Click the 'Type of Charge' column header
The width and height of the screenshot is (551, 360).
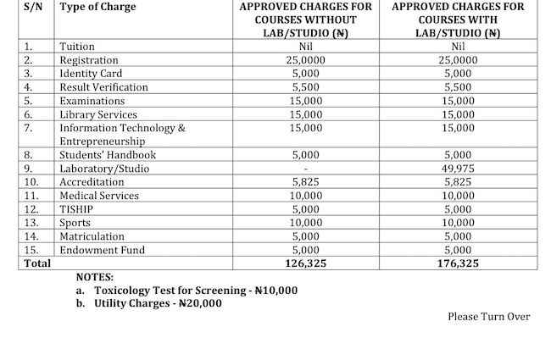click(x=97, y=7)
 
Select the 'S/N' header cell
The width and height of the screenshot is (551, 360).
click(x=35, y=7)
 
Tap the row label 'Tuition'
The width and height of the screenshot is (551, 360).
click(x=77, y=47)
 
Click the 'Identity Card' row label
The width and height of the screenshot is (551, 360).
click(x=91, y=74)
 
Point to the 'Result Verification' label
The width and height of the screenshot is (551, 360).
click(x=103, y=87)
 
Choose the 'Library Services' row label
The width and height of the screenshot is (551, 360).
click(x=97, y=114)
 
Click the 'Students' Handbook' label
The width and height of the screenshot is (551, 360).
click(x=108, y=155)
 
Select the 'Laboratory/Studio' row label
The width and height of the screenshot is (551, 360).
click(x=104, y=169)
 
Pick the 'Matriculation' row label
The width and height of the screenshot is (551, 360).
click(x=93, y=236)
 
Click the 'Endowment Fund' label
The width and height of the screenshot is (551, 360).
click(x=102, y=250)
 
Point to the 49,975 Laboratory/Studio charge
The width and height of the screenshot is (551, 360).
click(x=459, y=169)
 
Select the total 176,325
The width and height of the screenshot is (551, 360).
click(x=459, y=263)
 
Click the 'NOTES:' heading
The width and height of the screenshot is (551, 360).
click(x=94, y=277)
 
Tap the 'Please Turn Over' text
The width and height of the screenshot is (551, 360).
click(x=488, y=317)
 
